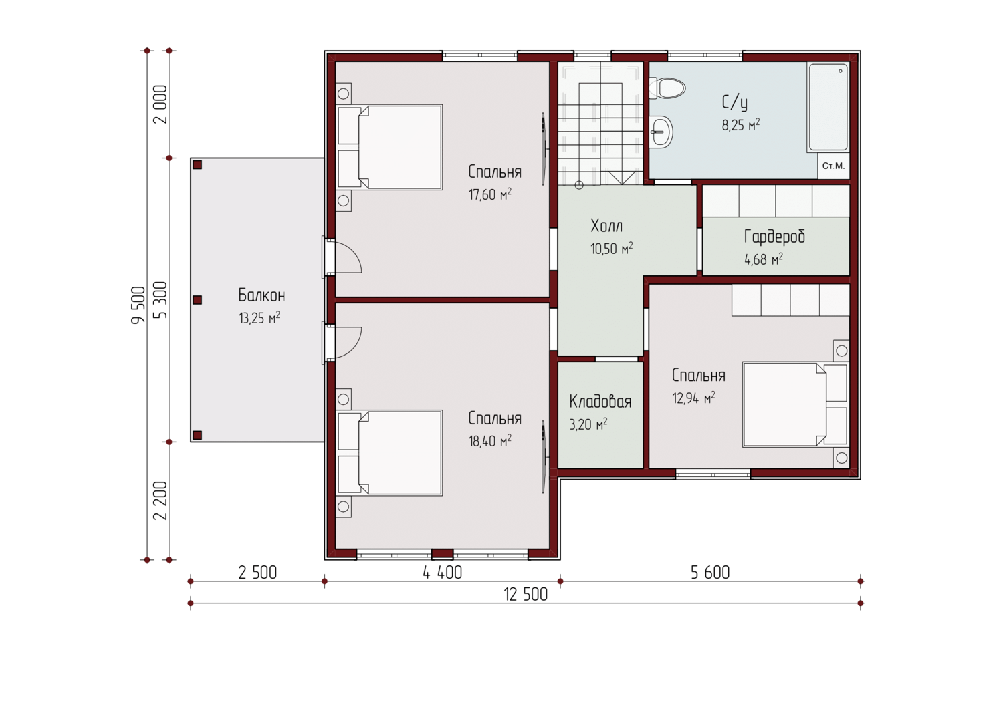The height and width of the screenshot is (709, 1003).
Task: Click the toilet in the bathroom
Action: tap(667, 88)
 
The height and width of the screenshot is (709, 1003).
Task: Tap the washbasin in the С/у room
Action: tap(661, 132)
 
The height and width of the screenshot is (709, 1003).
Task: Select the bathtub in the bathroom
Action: tap(828, 108)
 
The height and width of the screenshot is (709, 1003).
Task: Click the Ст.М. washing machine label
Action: tap(833, 166)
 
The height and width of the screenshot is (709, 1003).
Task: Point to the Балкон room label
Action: tap(261, 295)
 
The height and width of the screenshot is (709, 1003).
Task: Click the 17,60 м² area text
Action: tap(490, 194)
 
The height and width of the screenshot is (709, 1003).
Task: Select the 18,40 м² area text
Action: tap(490, 441)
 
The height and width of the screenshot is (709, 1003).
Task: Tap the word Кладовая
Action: tap(600, 402)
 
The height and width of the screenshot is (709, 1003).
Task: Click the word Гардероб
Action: tap(774, 237)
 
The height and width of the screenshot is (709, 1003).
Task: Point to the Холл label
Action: tap(606, 226)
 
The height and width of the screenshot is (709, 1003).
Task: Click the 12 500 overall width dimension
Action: tap(526, 595)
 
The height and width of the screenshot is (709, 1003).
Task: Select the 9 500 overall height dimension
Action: tap(138, 305)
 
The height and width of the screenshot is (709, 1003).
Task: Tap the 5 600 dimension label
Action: tap(710, 573)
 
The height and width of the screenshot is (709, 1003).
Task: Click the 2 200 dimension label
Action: tap(160, 501)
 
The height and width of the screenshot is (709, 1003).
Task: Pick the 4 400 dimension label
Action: tap(443, 573)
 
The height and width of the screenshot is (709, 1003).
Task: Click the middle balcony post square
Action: tap(197, 300)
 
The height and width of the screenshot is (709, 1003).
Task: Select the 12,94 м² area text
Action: tap(693, 398)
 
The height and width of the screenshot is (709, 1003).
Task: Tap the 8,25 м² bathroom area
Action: tap(741, 125)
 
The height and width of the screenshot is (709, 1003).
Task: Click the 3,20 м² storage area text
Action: tap(588, 424)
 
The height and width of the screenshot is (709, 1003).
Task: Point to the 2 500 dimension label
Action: tap(257, 573)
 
